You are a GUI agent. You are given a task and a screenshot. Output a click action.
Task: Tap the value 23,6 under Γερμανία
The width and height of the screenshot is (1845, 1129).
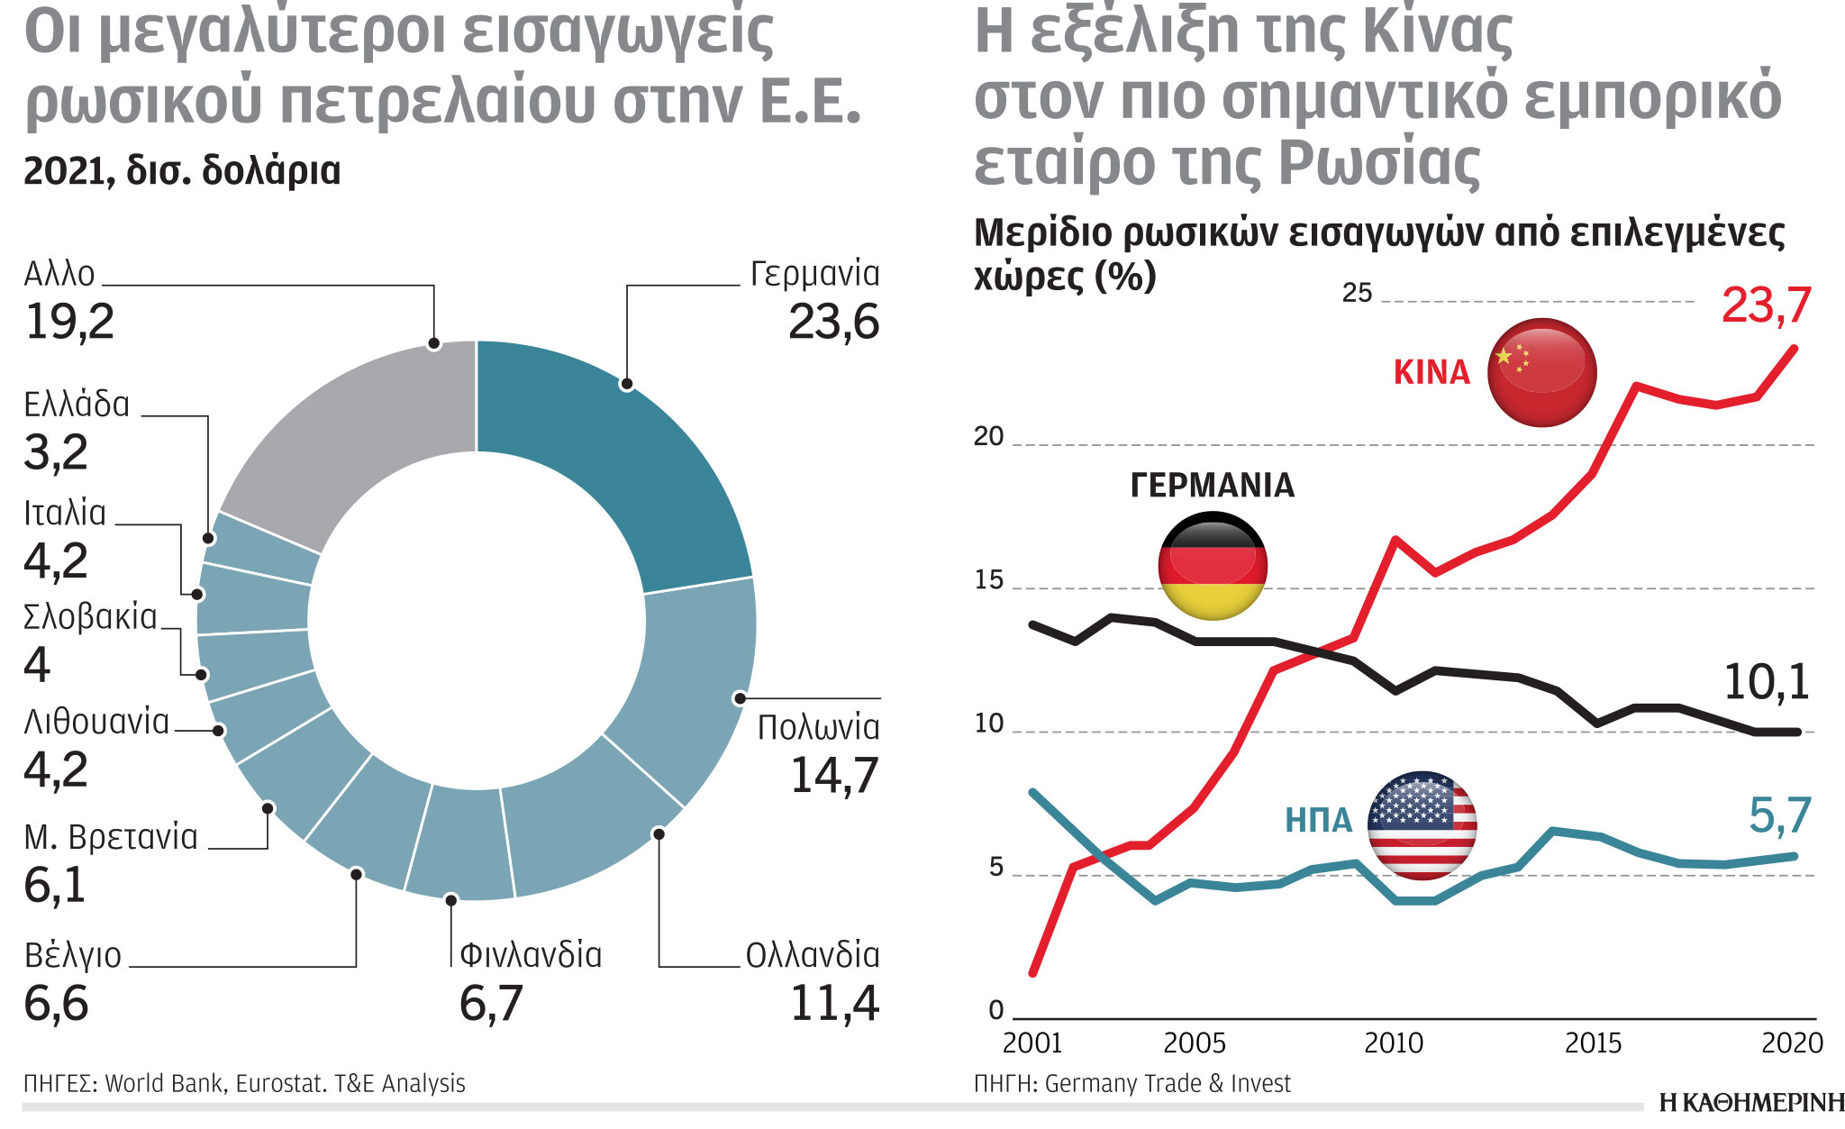(833, 322)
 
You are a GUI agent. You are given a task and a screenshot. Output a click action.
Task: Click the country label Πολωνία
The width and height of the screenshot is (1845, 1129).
(818, 727)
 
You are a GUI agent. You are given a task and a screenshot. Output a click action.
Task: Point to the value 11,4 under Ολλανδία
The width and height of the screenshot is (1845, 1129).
(834, 1003)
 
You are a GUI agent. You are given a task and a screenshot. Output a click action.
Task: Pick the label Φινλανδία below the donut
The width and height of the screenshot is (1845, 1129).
(531, 955)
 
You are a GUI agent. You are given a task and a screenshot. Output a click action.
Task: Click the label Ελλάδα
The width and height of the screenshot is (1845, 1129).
(77, 405)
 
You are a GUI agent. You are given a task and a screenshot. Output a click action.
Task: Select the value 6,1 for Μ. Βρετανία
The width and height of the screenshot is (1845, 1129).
(55, 885)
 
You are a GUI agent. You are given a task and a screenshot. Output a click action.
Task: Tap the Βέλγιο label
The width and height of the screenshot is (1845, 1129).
(72, 955)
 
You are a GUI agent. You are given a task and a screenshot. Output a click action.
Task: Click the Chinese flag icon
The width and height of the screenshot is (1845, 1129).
(1541, 372)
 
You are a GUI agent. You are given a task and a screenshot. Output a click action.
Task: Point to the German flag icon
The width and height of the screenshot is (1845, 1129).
(1213, 566)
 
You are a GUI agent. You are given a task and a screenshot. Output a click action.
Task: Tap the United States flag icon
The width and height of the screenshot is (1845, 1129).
(1422, 824)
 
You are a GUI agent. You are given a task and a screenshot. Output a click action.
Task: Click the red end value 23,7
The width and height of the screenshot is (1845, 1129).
(1766, 305)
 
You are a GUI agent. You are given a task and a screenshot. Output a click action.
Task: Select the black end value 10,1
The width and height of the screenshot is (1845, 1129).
(1766, 682)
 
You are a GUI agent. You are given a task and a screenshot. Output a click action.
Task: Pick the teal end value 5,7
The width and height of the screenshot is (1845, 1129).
(1779, 815)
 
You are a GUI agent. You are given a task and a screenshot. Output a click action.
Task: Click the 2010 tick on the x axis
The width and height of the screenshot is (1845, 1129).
(1393, 1043)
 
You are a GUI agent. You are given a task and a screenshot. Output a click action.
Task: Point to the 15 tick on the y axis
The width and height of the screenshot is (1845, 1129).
(988, 580)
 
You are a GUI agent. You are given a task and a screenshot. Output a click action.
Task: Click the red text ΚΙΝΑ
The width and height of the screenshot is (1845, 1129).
(1431, 372)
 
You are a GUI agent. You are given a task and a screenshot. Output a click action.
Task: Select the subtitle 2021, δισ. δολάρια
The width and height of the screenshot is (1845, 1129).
(182, 170)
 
